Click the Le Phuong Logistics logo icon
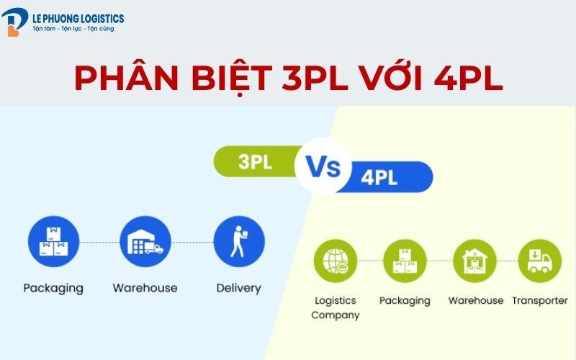click(14, 22)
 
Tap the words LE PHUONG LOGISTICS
click(78, 19)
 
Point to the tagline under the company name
click(73, 29)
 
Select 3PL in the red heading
click(315, 78)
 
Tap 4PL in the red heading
click(468, 78)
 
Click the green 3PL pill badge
click(257, 161)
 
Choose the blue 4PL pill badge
click(386, 177)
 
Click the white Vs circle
click(323, 166)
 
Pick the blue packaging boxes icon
click(53, 241)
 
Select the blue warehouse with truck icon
click(145, 241)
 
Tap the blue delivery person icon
click(239, 241)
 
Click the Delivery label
click(239, 289)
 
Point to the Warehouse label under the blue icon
click(145, 288)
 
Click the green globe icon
click(336, 261)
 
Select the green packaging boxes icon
click(405, 261)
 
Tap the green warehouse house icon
click(474, 261)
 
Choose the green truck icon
click(539, 261)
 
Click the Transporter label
click(540, 300)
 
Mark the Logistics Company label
click(336, 308)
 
